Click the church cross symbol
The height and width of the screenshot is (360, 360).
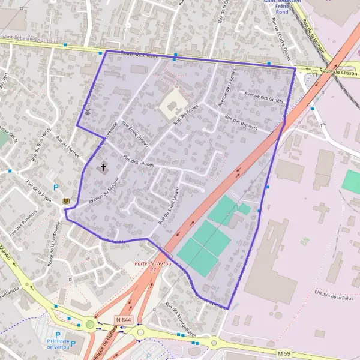pyautogui.click(x=103, y=167)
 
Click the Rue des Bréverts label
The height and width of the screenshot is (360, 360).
pyautogui.click(x=240, y=122)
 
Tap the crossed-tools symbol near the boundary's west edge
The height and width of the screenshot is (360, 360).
pyautogui.click(x=88, y=111)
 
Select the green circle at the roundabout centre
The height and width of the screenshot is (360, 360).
pyautogui.click(x=90, y=325)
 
